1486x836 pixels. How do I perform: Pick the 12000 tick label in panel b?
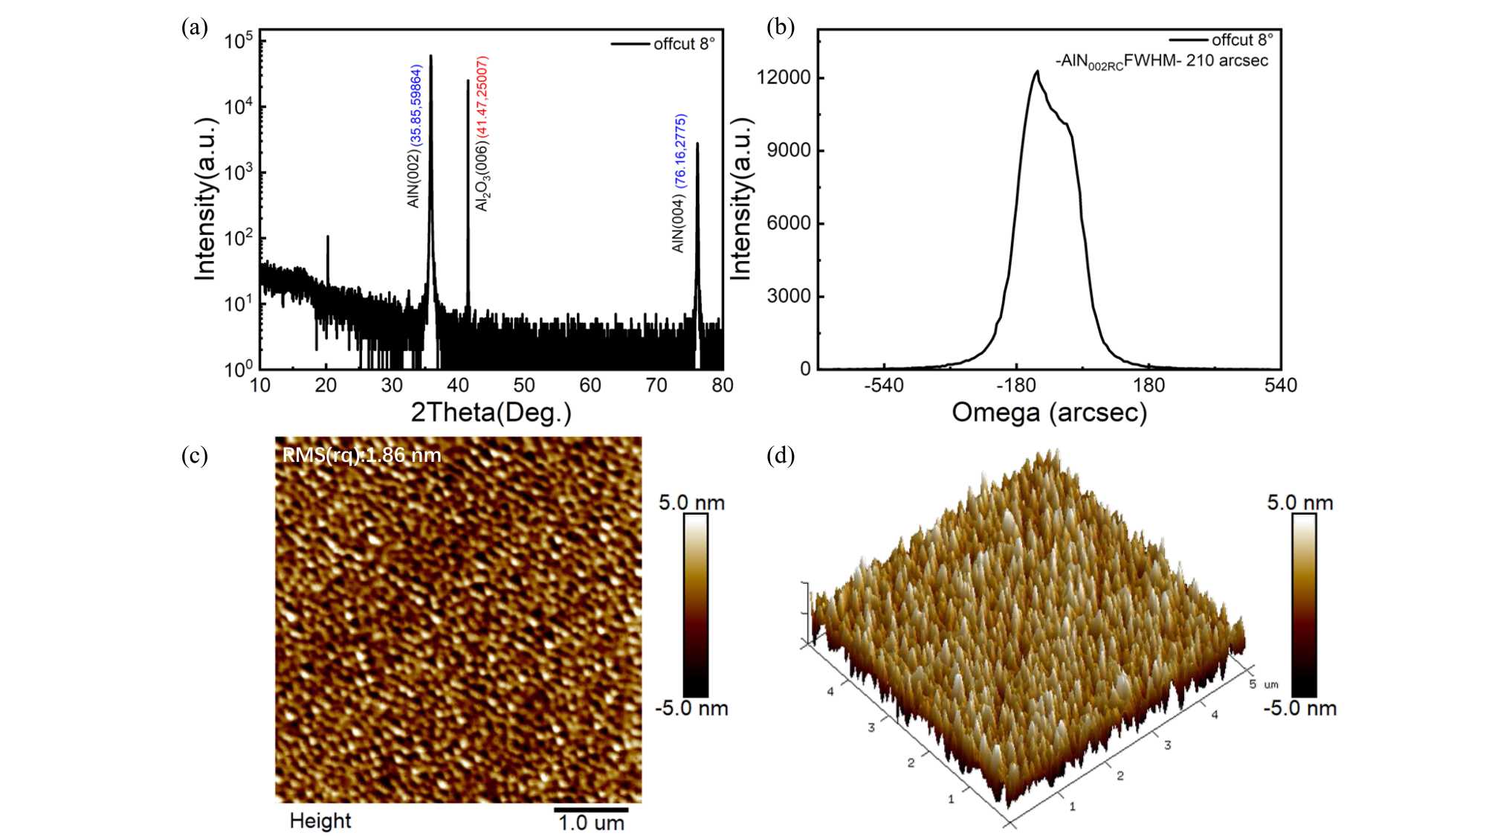click(784, 77)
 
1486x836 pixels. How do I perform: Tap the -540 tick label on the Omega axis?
click(883, 385)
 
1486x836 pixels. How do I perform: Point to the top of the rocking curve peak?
click(1036, 72)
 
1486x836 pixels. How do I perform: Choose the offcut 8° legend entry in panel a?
click(683, 44)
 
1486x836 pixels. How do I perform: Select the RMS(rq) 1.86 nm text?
click(362, 455)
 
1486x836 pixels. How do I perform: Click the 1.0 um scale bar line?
click(591, 809)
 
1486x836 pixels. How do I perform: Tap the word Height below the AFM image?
click(320, 820)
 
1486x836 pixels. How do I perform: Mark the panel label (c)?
click(195, 455)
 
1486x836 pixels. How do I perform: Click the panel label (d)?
click(781, 455)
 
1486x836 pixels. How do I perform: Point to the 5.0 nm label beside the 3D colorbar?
click(1299, 503)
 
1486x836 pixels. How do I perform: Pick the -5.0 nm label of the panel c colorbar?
click(691, 707)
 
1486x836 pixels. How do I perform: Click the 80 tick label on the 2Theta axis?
click(722, 385)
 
